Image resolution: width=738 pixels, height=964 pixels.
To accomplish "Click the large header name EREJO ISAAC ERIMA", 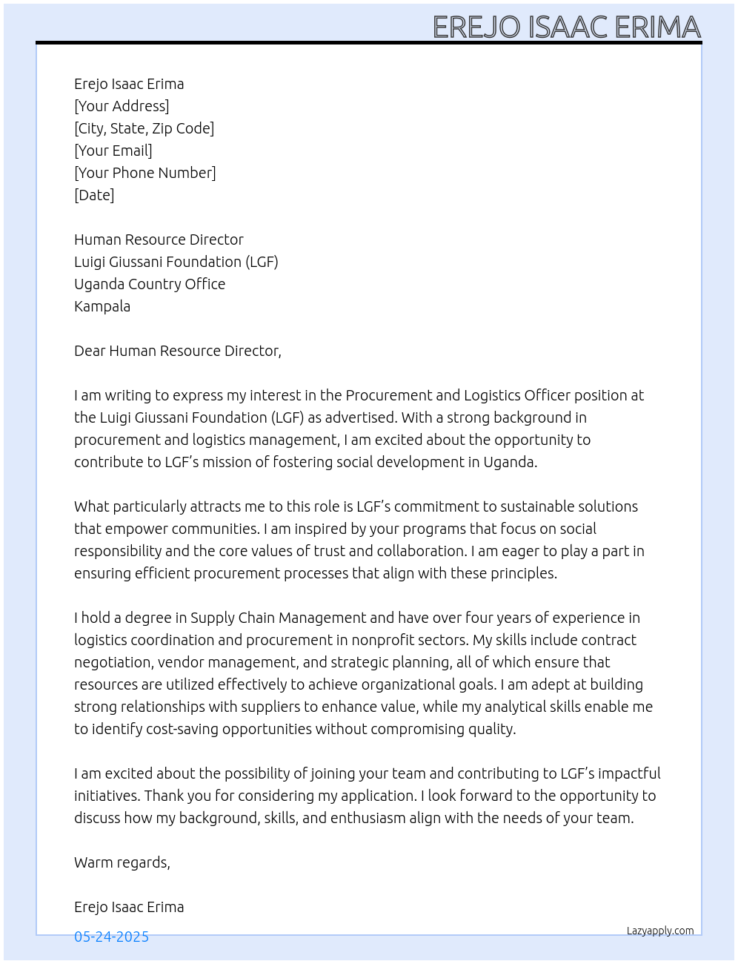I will [566, 27].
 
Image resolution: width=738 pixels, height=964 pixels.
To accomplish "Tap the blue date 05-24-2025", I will [111, 937].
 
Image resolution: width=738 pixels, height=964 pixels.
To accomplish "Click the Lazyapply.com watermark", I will [659, 931].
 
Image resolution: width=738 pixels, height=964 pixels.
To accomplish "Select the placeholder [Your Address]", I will [122, 106].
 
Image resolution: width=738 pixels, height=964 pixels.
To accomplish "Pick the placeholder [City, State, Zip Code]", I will [144, 128].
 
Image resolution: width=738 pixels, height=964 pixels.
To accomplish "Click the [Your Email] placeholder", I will [113, 151].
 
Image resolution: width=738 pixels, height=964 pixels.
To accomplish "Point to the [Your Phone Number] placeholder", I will [144, 173].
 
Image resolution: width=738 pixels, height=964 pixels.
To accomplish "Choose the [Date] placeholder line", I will [94, 195].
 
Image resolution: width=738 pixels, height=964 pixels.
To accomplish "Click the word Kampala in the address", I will [102, 306].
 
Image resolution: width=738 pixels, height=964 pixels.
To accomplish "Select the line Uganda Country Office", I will [150, 284].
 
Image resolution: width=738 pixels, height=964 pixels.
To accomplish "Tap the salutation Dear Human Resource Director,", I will [178, 351].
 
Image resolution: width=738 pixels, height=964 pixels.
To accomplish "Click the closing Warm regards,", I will [122, 862].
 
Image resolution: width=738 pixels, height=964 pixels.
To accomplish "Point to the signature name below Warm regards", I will [129, 907].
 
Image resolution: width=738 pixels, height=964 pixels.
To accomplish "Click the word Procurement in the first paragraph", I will [384, 395].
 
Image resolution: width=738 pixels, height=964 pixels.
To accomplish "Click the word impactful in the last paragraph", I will [629, 773].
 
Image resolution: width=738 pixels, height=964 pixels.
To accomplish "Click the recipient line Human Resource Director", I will [159, 240].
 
